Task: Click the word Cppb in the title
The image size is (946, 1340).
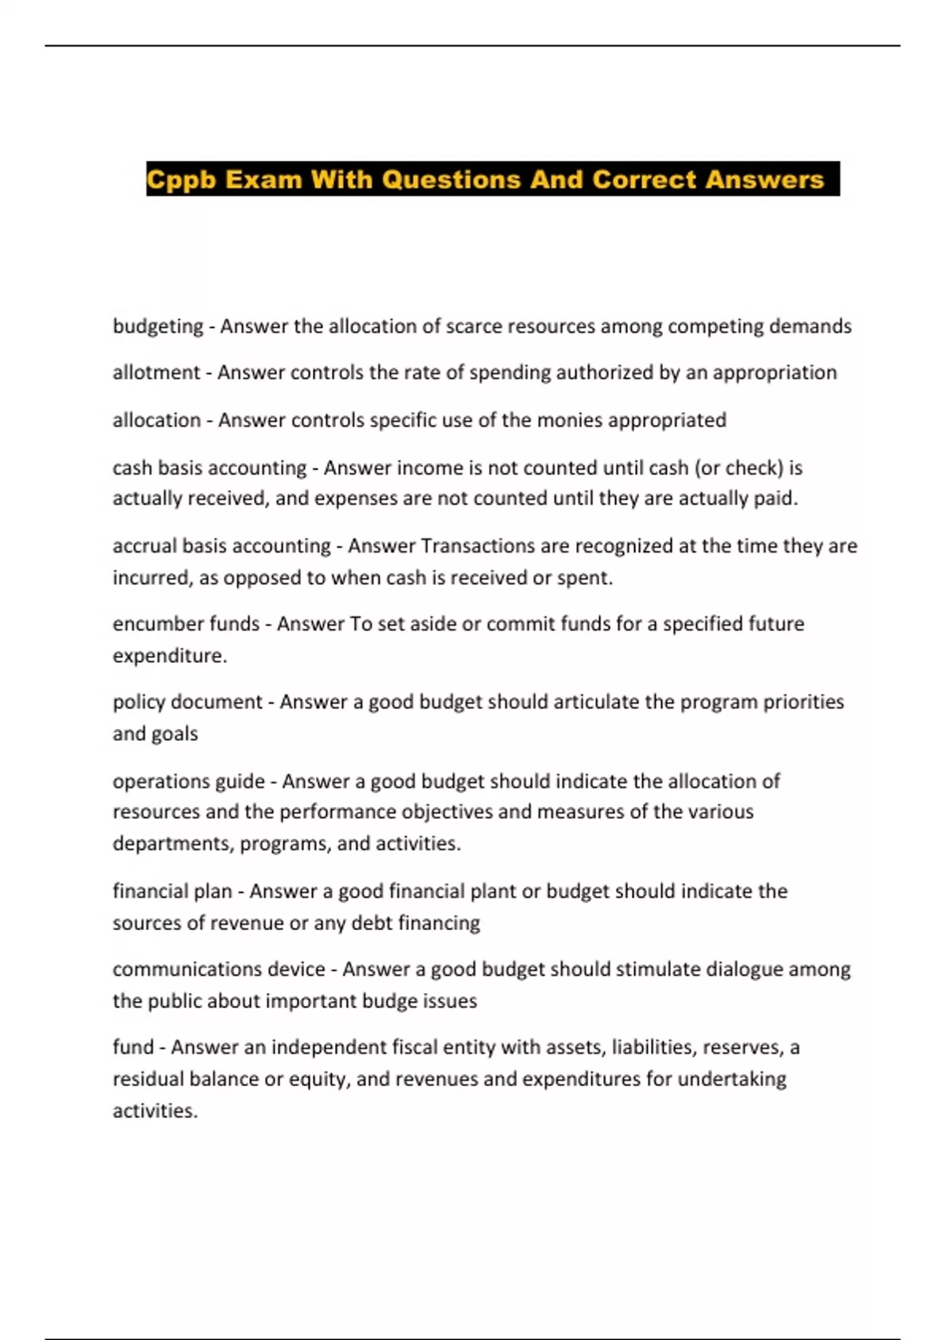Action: pos(182,180)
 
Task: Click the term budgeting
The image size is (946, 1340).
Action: pos(158,326)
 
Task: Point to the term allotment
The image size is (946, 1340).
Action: pos(156,373)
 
